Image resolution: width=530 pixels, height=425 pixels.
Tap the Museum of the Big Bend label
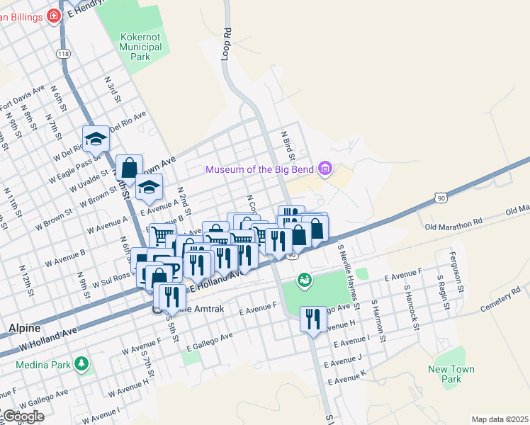[x=260, y=169]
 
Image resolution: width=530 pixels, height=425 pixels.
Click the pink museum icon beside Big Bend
[x=325, y=168]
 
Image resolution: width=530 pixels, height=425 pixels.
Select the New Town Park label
[x=451, y=374]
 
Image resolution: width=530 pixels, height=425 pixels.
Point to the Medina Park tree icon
[x=83, y=364]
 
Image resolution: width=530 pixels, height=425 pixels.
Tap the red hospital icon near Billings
[x=54, y=16]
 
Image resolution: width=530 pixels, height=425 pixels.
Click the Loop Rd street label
[x=227, y=43]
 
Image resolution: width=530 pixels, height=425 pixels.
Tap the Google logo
[x=23, y=416]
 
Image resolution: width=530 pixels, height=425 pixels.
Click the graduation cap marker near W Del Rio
[x=95, y=140]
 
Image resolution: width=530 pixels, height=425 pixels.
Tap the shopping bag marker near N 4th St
[x=129, y=169]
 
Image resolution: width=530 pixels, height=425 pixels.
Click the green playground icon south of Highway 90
[x=305, y=280]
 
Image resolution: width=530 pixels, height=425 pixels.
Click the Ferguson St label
[x=459, y=279]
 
